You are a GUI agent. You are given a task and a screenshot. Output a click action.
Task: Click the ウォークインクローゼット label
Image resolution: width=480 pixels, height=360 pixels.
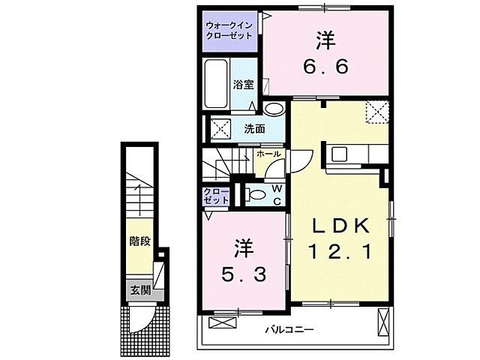[x=229, y=30]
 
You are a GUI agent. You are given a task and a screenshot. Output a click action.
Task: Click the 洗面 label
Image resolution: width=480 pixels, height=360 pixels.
[x=254, y=128]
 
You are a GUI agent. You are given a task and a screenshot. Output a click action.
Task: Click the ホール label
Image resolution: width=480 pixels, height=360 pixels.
[x=268, y=154]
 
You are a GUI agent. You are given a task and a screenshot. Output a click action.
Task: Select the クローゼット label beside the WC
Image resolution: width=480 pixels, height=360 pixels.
[x=216, y=196]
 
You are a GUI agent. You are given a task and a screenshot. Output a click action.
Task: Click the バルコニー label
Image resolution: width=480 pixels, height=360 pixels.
[x=289, y=330]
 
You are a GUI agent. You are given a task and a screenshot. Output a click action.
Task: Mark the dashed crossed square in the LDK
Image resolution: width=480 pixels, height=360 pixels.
[x=375, y=112]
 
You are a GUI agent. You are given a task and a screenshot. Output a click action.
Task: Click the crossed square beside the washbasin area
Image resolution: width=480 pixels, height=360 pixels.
[x=220, y=128]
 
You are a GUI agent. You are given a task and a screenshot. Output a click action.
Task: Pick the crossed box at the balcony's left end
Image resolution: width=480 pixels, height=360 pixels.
[x=222, y=323]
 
